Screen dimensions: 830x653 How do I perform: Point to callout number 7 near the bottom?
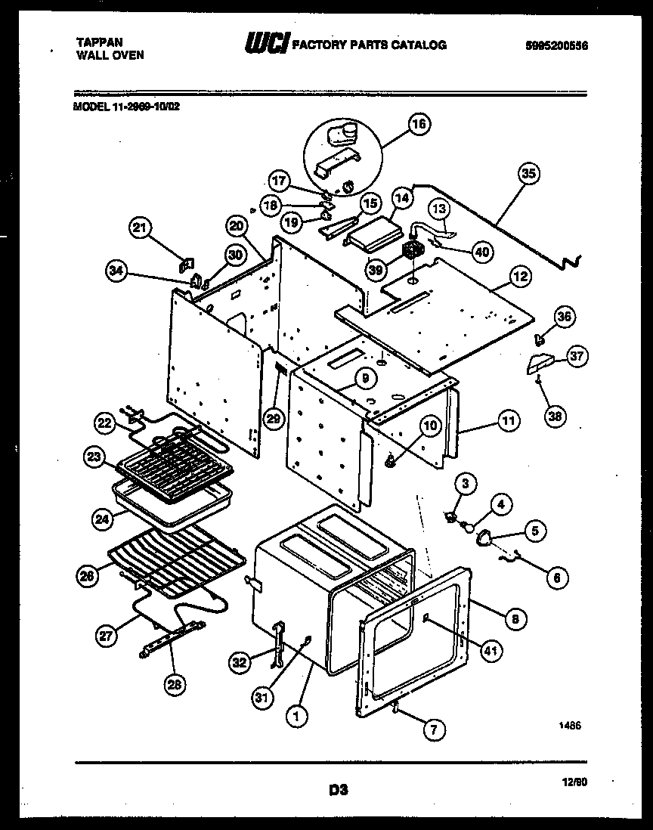click(x=433, y=729)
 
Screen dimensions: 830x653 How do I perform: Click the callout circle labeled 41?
click(x=491, y=650)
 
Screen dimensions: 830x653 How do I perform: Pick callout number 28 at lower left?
click(x=175, y=684)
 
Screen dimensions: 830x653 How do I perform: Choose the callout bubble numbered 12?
click(x=518, y=278)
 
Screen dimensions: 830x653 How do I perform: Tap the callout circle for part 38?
click(x=556, y=415)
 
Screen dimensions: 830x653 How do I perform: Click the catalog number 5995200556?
click(x=556, y=45)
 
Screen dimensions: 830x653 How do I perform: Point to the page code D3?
click(x=337, y=791)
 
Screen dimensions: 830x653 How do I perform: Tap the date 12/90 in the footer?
click(x=576, y=784)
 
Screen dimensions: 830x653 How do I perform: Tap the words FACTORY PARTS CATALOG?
click(x=369, y=45)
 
